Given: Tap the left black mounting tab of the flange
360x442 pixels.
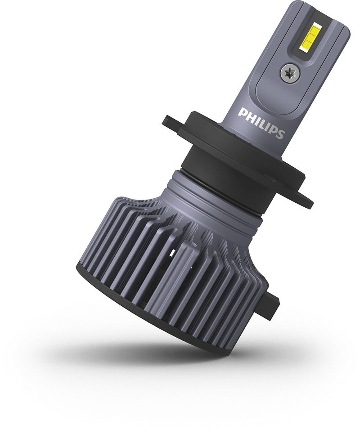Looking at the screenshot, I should (x=173, y=121).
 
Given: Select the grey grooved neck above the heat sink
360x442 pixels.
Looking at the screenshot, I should (x=211, y=198).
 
